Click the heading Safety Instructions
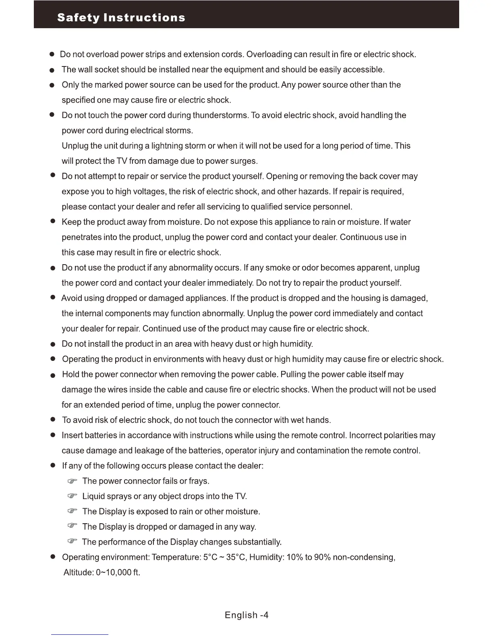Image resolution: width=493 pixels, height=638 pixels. [x=121, y=18]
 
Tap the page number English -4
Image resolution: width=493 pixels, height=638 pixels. [x=246, y=615]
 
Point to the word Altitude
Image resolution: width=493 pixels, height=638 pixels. [x=79, y=572]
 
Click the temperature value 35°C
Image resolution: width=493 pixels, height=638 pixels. [x=235, y=557]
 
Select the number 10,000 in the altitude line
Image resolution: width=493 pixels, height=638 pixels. [x=118, y=572]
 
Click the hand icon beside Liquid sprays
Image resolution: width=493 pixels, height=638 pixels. [x=72, y=496]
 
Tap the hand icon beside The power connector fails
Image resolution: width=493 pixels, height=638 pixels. [x=72, y=481]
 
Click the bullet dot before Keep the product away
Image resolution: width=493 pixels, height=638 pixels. [x=52, y=222]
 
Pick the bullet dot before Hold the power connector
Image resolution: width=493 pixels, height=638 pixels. [x=52, y=375]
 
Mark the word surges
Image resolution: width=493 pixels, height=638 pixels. [x=243, y=161]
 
